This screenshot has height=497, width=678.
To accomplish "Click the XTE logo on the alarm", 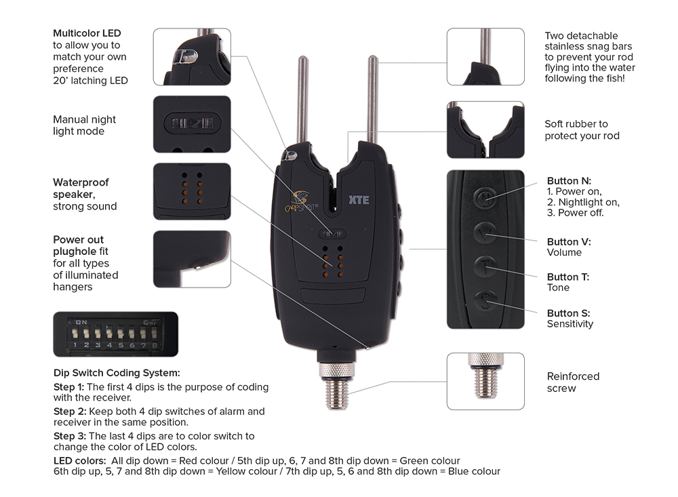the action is pyautogui.click(x=359, y=200).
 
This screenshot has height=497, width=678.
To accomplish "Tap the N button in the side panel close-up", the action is pyautogui.click(x=484, y=198).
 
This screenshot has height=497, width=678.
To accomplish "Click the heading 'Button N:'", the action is pyautogui.click(x=569, y=181).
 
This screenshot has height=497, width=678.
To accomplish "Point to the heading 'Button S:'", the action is pyautogui.click(x=568, y=313).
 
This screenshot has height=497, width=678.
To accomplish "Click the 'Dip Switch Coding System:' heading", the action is pyautogui.click(x=117, y=373).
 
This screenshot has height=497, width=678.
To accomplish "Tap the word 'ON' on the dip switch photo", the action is pyautogui.click(x=81, y=322).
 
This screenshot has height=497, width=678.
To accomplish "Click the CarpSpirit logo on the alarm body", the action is pyautogui.click(x=301, y=203).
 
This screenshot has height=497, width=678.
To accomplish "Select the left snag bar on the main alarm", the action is pyautogui.click(x=302, y=101).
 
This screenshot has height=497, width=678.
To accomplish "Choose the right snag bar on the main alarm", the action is pyautogui.click(x=372, y=100).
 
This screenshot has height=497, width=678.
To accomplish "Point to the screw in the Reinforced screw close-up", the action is pyautogui.click(x=485, y=376).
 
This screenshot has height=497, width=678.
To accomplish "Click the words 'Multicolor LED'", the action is pyautogui.click(x=87, y=33).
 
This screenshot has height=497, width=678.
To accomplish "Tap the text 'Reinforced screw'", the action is pyautogui.click(x=573, y=382).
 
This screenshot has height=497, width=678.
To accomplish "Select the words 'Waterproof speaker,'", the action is pyautogui.click(x=81, y=188).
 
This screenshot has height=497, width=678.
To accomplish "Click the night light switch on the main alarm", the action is pyautogui.click(x=332, y=234).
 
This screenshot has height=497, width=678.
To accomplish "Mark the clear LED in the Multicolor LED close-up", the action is pyautogui.click(x=186, y=56).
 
